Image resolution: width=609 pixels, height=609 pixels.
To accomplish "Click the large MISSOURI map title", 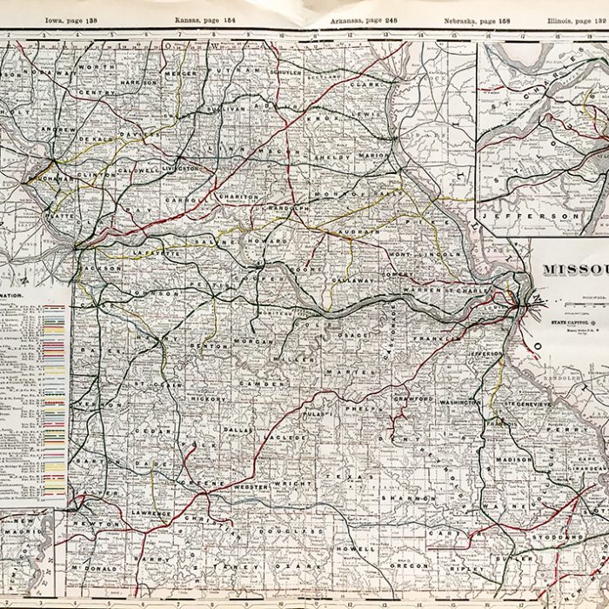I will pos(575,269).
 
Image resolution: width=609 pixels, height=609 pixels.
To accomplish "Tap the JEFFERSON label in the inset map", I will pos(528,214).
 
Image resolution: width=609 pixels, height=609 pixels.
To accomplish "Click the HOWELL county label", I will pos(360,549).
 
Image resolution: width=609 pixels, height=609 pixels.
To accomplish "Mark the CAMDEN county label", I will pos(267,383).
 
